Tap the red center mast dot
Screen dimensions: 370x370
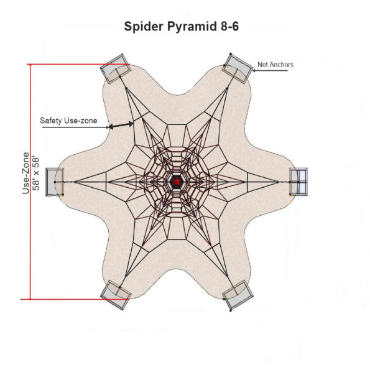(x=177, y=182)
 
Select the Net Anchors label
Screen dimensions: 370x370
(x=275, y=64)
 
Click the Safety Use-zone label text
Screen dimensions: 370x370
(x=68, y=120)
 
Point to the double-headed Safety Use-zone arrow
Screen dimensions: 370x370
(x=122, y=125)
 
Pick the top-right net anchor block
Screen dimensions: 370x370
(x=238, y=68)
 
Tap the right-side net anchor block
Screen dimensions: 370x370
(x=299, y=182)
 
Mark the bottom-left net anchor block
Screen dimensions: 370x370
(x=114, y=294)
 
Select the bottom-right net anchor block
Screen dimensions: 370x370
(x=239, y=295)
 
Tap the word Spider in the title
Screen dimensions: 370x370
(x=143, y=27)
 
